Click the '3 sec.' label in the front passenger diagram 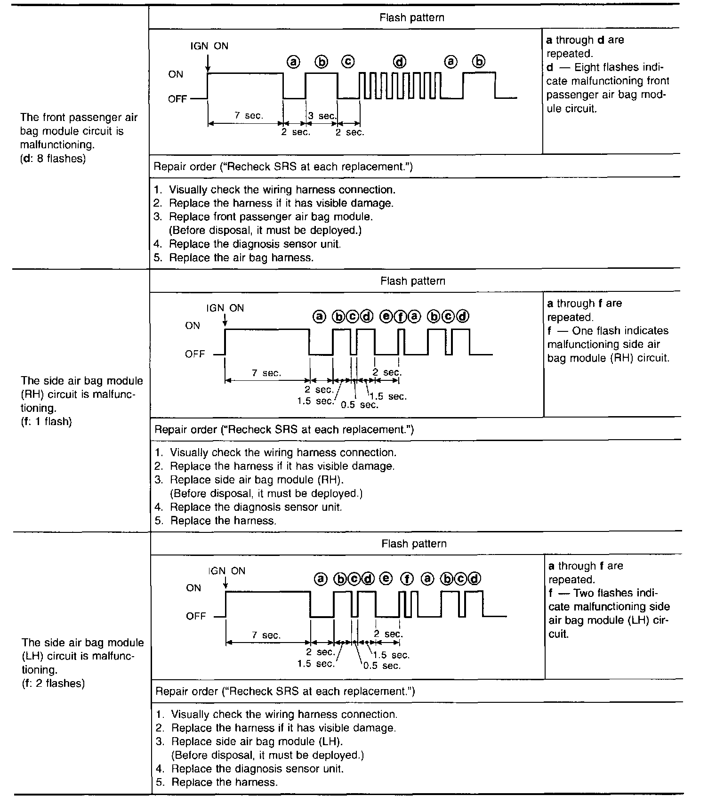tap(322, 116)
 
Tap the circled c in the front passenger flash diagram tap(348, 62)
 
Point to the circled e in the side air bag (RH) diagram tap(386, 317)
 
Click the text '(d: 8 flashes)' tap(53, 159)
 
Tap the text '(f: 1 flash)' tap(46, 421)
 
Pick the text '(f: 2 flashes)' tap(53, 683)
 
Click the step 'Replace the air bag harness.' tap(241, 257)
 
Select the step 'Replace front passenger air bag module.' tap(271, 217)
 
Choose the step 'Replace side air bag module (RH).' tap(257, 480)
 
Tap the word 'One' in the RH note tap(582, 330)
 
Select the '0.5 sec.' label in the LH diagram tap(382, 666)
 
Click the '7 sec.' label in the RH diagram tap(266, 373)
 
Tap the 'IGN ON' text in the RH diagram tap(225, 308)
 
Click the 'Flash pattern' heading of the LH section tap(414, 543)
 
